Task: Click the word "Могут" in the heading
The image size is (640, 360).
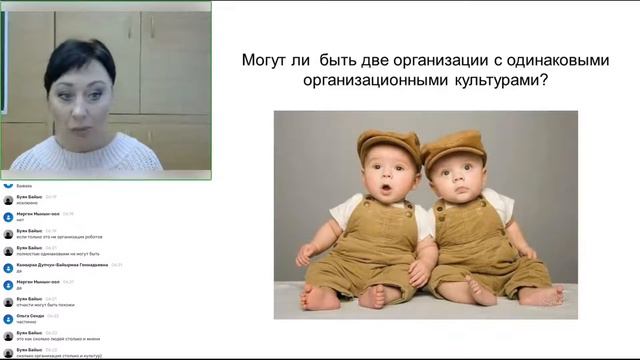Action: pyautogui.click(x=265, y=61)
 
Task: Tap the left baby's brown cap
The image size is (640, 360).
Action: pyautogui.click(x=389, y=145)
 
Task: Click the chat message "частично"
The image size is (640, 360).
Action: pyautogui.click(x=27, y=322)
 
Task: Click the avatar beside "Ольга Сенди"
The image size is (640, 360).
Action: pyautogui.click(x=8, y=318)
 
